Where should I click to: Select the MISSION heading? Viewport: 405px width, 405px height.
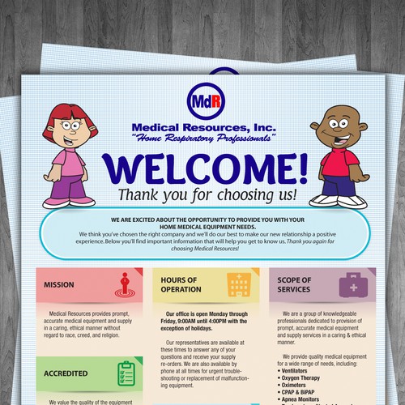[x=60, y=285]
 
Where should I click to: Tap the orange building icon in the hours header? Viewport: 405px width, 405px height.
[x=238, y=284]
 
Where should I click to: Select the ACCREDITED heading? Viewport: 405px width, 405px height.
[x=66, y=374]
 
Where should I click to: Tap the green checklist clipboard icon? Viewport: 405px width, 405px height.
[x=126, y=373]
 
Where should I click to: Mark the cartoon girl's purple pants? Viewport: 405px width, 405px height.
[x=62, y=189]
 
